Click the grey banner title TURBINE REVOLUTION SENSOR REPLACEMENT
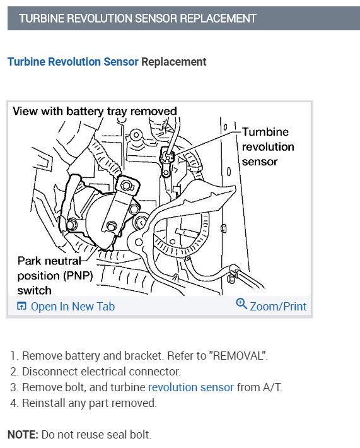coord(137,18)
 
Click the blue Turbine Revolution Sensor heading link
coord(73,62)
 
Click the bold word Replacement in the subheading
coord(173,62)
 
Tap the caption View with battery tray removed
coord(95,111)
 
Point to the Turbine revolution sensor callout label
coord(268,146)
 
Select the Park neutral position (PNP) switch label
coord(55,276)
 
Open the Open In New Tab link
coord(73,306)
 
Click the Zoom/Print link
coord(278,306)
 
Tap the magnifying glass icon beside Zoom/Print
coord(241,304)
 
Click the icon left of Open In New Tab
coord(21,306)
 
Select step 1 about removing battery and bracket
coord(139,356)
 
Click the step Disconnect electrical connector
coord(95,372)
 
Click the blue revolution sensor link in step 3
coord(190,387)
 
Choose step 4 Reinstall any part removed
coord(83,403)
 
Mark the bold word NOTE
coord(23,435)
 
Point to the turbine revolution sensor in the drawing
coord(167,160)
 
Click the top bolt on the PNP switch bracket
coord(126,186)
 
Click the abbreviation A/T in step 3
coord(272,387)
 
